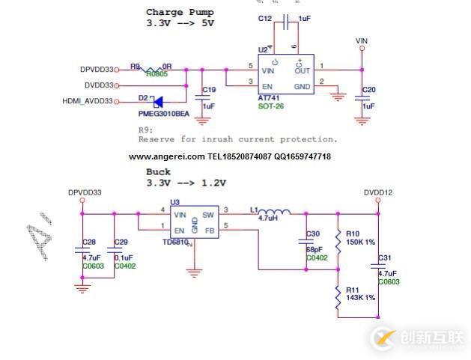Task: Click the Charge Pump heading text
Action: [x=180, y=12]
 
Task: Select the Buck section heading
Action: [x=158, y=172]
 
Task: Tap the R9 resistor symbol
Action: [x=157, y=69]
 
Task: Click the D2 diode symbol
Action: [x=158, y=101]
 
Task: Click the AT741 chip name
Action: [x=270, y=98]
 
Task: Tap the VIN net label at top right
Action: [x=362, y=41]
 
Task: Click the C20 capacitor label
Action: [x=368, y=90]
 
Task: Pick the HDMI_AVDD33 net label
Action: [x=88, y=101]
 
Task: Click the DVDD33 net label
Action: [x=99, y=85]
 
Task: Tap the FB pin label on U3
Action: [x=210, y=230]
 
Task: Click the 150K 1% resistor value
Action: [x=361, y=242]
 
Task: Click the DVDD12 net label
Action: [x=378, y=192]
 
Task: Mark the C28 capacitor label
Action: [x=89, y=242]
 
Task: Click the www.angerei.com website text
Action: [x=166, y=156]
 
